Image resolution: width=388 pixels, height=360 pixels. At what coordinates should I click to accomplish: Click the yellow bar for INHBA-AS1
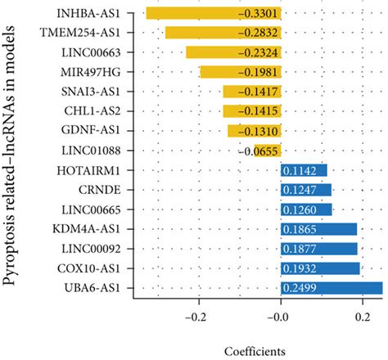(x=213, y=14)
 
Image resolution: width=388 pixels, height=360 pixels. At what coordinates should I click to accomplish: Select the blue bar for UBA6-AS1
(x=331, y=287)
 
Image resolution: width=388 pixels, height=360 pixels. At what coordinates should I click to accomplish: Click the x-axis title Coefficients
(x=254, y=350)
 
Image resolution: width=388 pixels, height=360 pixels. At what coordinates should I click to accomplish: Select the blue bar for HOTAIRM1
(x=304, y=170)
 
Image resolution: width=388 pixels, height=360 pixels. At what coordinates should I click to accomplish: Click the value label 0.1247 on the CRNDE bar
(x=300, y=190)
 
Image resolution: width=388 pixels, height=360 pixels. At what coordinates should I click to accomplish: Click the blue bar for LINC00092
(x=318, y=249)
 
